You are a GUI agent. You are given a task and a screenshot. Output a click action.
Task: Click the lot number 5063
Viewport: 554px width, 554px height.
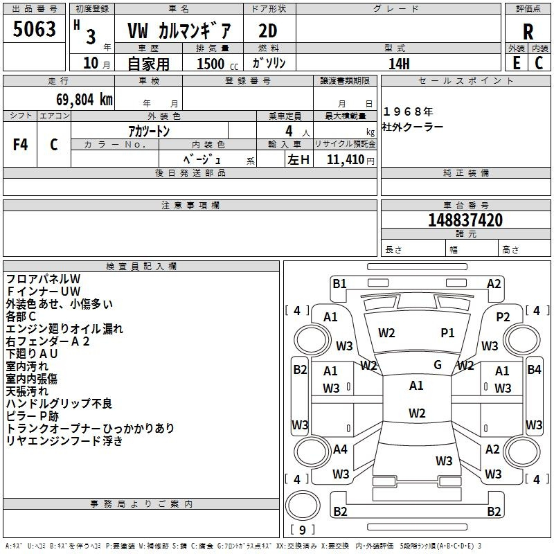[34, 29]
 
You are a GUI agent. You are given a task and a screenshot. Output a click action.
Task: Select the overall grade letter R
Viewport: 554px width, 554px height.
[528, 32]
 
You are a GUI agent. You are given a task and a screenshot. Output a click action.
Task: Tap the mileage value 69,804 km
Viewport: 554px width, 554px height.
[84, 100]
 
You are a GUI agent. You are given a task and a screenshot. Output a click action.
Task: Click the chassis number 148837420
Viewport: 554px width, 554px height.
[465, 220]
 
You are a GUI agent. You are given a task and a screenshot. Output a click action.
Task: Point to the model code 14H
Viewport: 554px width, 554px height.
[399, 64]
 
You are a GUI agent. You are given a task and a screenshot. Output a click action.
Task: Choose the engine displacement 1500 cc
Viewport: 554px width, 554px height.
[217, 64]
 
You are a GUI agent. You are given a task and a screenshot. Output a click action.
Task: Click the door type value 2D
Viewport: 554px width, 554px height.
[268, 31]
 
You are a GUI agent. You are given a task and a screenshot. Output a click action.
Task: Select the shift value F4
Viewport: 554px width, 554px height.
[20, 145]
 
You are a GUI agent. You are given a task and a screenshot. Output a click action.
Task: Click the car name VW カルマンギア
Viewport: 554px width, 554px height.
[179, 31]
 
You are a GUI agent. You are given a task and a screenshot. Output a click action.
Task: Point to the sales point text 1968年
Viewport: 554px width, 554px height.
[408, 111]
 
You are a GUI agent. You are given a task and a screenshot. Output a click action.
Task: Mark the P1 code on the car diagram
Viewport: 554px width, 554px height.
[447, 333]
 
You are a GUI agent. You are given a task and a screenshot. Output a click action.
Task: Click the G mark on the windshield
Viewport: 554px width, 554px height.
[438, 365]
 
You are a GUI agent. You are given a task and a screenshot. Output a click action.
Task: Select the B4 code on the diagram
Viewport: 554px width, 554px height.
[534, 370]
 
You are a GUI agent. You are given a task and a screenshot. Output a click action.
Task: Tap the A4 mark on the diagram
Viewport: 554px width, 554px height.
[340, 449]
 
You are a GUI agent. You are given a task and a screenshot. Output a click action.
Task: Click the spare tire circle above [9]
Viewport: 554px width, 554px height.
[303, 506]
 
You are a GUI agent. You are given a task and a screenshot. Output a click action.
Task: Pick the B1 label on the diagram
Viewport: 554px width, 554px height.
[339, 284]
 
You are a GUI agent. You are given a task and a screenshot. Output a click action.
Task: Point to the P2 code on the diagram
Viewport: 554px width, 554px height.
[503, 317]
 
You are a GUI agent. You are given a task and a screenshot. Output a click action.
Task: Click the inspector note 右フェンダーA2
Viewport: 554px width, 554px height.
[48, 341]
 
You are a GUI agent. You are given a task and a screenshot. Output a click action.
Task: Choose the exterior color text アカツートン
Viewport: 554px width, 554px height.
[149, 132]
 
